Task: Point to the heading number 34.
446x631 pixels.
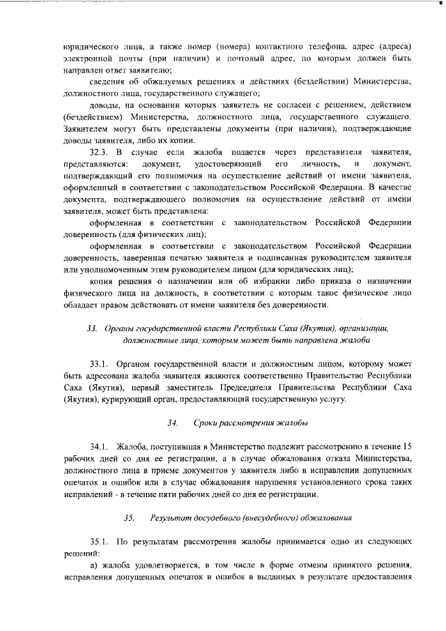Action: click(172, 423)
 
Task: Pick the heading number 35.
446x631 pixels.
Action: click(129, 518)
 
